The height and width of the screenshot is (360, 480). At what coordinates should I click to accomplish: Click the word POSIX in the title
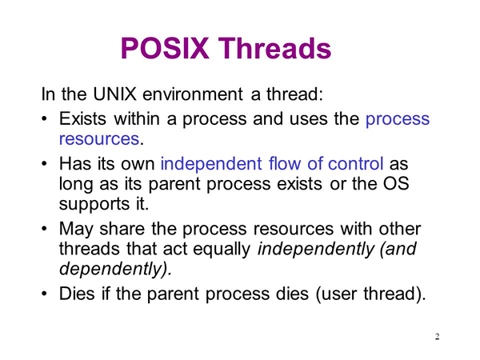(x=165, y=48)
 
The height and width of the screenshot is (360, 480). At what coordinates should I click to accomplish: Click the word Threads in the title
(x=275, y=48)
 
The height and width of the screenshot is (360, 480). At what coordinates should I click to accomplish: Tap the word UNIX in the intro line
(x=114, y=94)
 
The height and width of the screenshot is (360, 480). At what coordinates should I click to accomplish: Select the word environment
(x=193, y=94)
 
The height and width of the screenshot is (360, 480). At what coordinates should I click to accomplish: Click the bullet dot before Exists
(x=45, y=118)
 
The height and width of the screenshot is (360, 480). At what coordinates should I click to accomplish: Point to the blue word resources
(x=99, y=138)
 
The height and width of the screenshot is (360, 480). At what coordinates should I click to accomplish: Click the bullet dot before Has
(x=45, y=163)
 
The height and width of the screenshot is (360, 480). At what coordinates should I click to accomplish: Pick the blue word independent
(x=211, y=163)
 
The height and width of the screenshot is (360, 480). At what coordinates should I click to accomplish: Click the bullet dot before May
(x=45, y=229)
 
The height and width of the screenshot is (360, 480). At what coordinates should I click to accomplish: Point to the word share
(x=122, y=228)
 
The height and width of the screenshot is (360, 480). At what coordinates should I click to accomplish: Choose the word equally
(x=222, y=249)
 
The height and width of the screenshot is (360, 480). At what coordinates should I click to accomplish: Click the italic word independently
(x=316, y=249)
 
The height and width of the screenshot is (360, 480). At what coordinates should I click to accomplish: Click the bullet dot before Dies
(x=45, y=294)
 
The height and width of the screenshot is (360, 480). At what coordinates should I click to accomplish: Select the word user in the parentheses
(x=338, y=294)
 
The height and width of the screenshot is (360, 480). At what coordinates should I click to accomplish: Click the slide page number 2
(x=437, y=337)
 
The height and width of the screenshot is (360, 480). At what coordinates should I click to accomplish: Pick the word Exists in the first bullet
(x=82, y=118)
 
